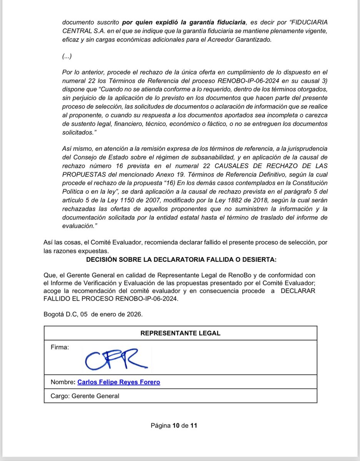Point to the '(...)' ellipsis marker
(x=67, y=57)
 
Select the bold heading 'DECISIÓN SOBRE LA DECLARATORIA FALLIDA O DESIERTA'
(x=181, y=260)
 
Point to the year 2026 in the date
(x=135, y=314)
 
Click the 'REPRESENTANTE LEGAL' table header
(x=180, y=333)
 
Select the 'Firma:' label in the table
(x=60, y=348)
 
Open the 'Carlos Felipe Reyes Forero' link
(x=119, y=382)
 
